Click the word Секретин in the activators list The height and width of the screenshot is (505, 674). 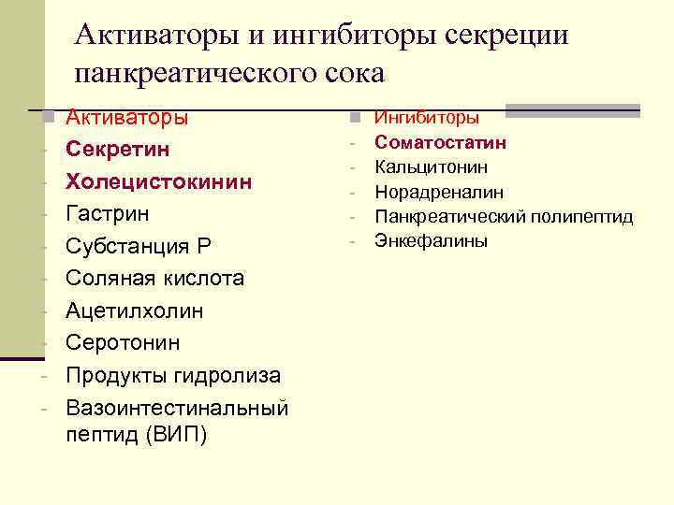click(x=118, y=150)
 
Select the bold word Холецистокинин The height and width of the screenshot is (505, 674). click(x=158, y=181)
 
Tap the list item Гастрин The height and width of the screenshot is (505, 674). click(x=108, y=213)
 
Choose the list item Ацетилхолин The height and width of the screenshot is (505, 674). click(x=134, y=310)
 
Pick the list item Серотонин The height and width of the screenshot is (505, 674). click(x=123, y=342)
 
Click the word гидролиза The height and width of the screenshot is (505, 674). click(x=227, y=375)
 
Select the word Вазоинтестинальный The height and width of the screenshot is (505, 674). click(x=177, y=408)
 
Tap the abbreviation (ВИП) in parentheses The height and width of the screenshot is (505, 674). click(x=175, y=436)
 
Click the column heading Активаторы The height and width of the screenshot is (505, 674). click(x=127, y=118)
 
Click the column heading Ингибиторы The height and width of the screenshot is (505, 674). click(x=427, y=118)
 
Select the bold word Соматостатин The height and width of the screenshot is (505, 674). click(x=441, y=142)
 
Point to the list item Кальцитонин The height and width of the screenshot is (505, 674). click(x=431, y=166)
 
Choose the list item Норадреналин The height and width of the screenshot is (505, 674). click(x=439, y=192)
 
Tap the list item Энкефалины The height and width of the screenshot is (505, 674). click(x=431, y=241)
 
